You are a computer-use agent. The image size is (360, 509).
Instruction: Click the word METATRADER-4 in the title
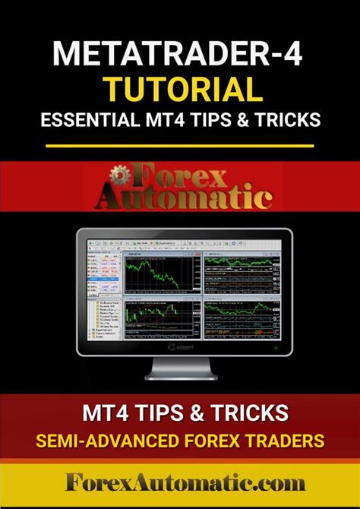pyautogui.click(x=179, y=56)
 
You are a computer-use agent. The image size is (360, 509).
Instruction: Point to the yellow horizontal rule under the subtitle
pyautogui.click(x=179, y=144)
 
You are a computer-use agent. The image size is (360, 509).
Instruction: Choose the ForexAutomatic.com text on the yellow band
pyautogui.click(x=179, y=485)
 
